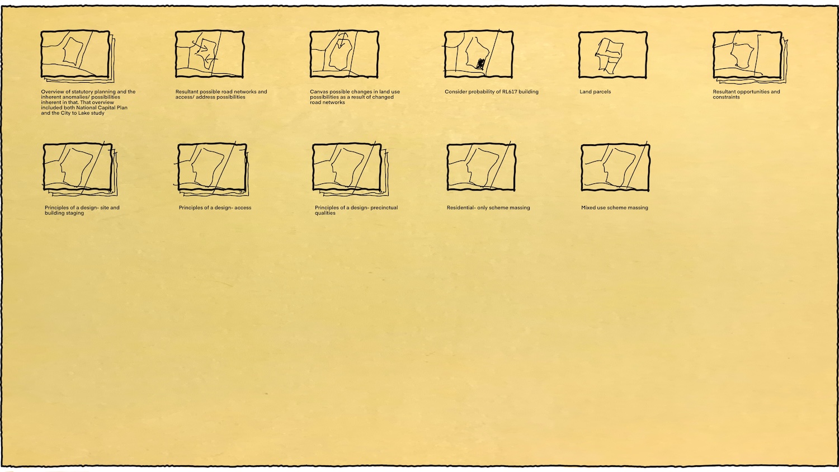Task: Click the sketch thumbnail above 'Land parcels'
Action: [613, 55]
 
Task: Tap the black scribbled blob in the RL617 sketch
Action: [480, 64]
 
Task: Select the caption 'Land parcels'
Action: [595, 92]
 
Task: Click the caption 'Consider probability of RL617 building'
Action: [492, 92]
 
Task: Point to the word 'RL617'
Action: [509, 92]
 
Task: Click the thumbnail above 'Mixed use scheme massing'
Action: [615, 168]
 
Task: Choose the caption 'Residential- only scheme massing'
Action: [488, 207]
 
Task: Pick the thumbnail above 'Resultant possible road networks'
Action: [209, 55]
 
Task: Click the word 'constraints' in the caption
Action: [726, 97]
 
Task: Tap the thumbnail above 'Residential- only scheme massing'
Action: [481, 167]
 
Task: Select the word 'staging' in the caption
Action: [75, 213]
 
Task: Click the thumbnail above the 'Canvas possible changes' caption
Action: [344, 55]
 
